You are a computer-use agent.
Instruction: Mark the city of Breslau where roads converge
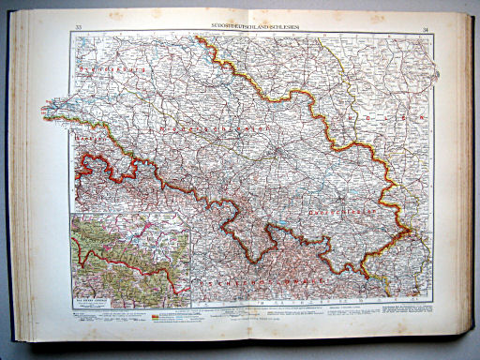click(278, 149)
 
